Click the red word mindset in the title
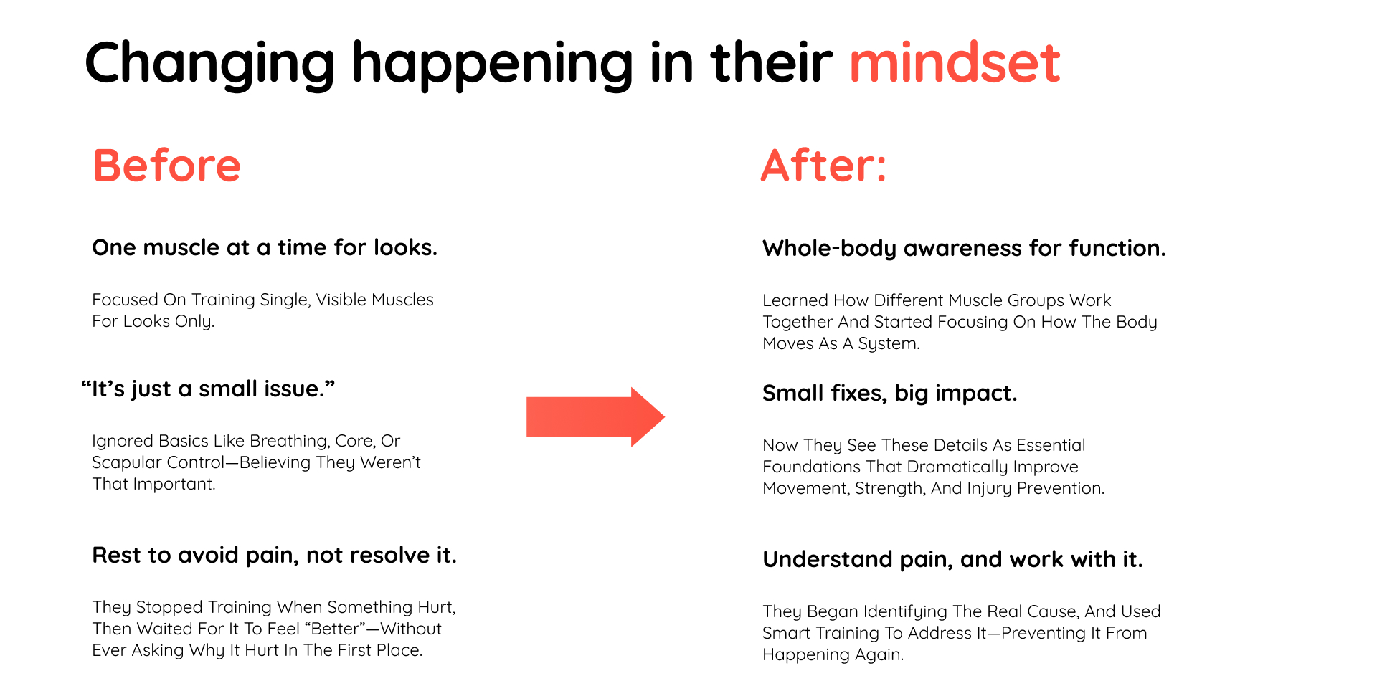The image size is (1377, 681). point(955,62)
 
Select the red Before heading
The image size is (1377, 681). point(167,166)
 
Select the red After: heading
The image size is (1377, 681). point(824,166)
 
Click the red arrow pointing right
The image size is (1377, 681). point(595,417)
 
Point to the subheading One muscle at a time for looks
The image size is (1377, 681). point(265,248)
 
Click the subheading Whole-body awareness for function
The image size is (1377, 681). point(964,249)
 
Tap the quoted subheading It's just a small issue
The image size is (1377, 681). point(208,389)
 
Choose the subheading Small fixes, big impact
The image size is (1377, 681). point(889,394)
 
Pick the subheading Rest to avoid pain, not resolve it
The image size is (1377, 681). point(274,556)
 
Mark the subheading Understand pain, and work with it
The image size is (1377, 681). point(952,560)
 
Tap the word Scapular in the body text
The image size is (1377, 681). point(123,463)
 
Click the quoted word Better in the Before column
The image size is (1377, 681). point(336,629)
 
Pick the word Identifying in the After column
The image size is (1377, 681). point(905,612)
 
